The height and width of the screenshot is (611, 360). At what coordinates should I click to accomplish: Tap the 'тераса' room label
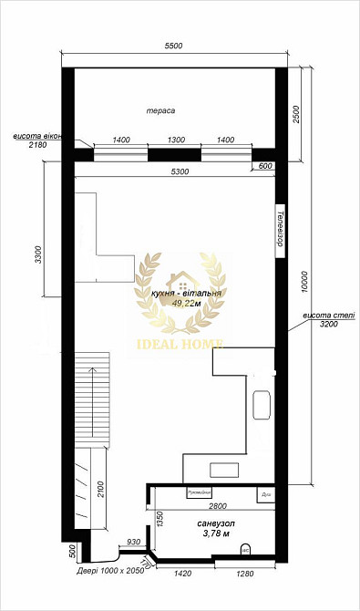160,110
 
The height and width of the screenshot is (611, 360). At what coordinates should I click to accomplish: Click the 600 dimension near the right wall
265,165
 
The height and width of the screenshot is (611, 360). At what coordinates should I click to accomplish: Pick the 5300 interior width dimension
175,171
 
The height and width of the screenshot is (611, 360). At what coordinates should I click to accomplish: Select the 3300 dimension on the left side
38,254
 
